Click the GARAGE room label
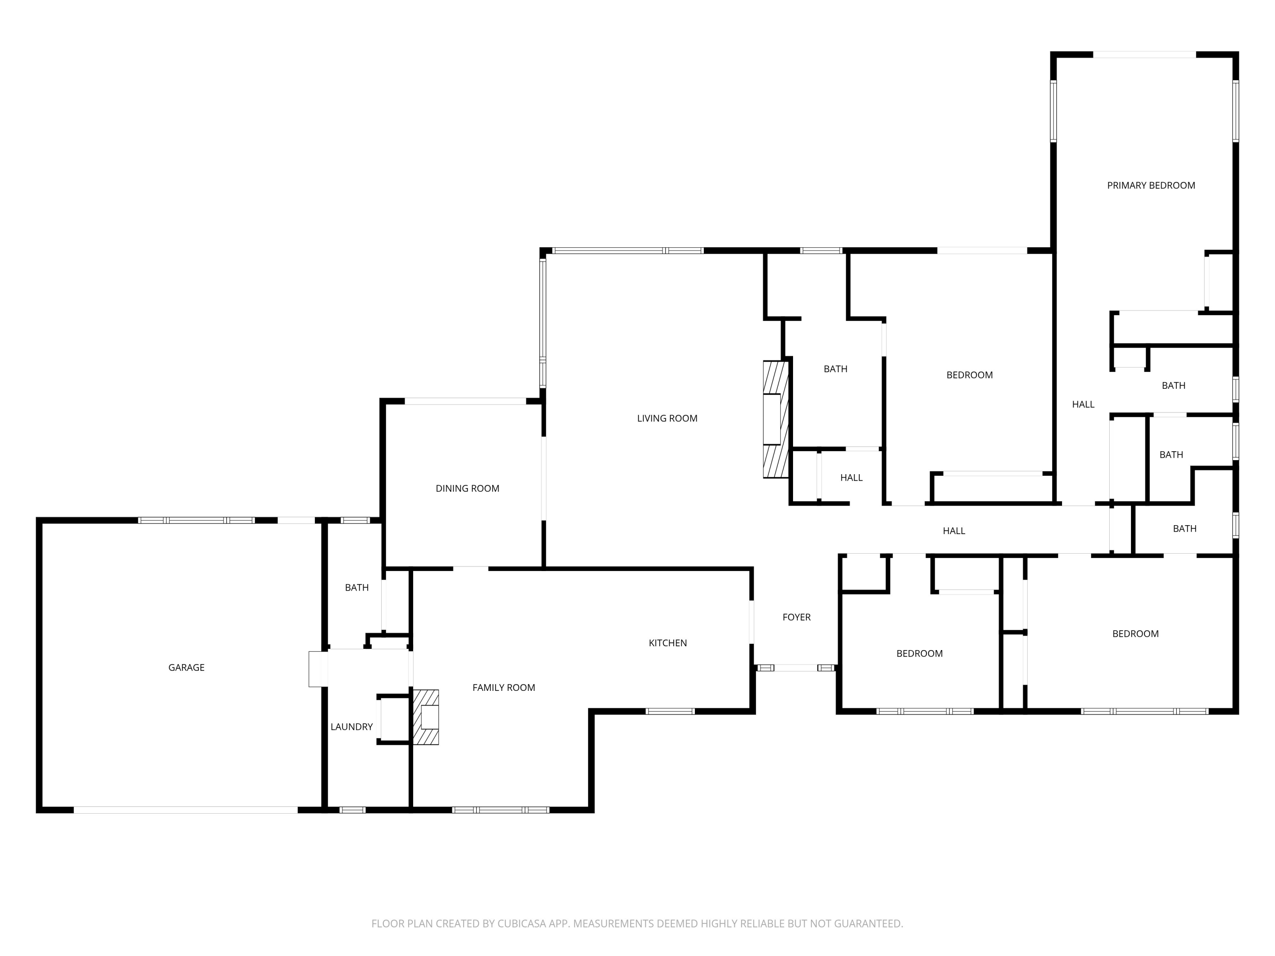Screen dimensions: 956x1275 click(186, 668)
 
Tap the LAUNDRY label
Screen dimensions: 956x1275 click(351, 727)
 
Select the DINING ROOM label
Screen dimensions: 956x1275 click(467, 488)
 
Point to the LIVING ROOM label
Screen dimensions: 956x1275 click(667, 419)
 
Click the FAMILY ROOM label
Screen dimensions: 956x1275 click(504, 687)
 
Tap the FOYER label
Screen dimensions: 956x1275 click(796, 617)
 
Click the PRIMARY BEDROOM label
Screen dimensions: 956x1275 click(1151, 186)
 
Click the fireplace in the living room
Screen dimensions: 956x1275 click(775, 419)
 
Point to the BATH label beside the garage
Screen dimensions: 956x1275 click(357, 588)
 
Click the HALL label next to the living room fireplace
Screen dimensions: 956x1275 click(851, 478)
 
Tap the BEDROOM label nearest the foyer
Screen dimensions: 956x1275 click(919, 653)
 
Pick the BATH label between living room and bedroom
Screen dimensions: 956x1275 click(835, 369)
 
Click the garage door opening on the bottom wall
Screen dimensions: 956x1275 click(186, 810)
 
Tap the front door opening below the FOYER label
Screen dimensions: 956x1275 click(796, 668)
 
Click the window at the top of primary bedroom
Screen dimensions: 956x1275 click(1144, 55)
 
